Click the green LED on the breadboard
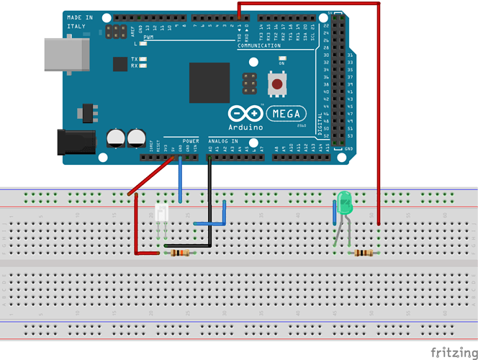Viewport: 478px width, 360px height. tap(345, 202)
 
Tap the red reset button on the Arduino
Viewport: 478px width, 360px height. tap(276, 86)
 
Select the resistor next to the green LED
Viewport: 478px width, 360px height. tap(365, 253)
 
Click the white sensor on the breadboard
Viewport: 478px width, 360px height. tap(162, 213)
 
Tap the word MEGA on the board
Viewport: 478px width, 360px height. tap(287, 114)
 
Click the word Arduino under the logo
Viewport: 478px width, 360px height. tap(245, 127)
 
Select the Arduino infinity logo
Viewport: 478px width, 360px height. tap(245, 113)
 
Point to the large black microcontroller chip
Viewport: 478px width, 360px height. tap(209, 83)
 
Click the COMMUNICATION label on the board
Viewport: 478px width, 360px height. tap(259, 45)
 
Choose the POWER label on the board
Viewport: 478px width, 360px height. tap(191, 140)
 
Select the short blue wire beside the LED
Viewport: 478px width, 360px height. tap(334, 213)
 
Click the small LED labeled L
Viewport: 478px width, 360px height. tap(143, 44)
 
